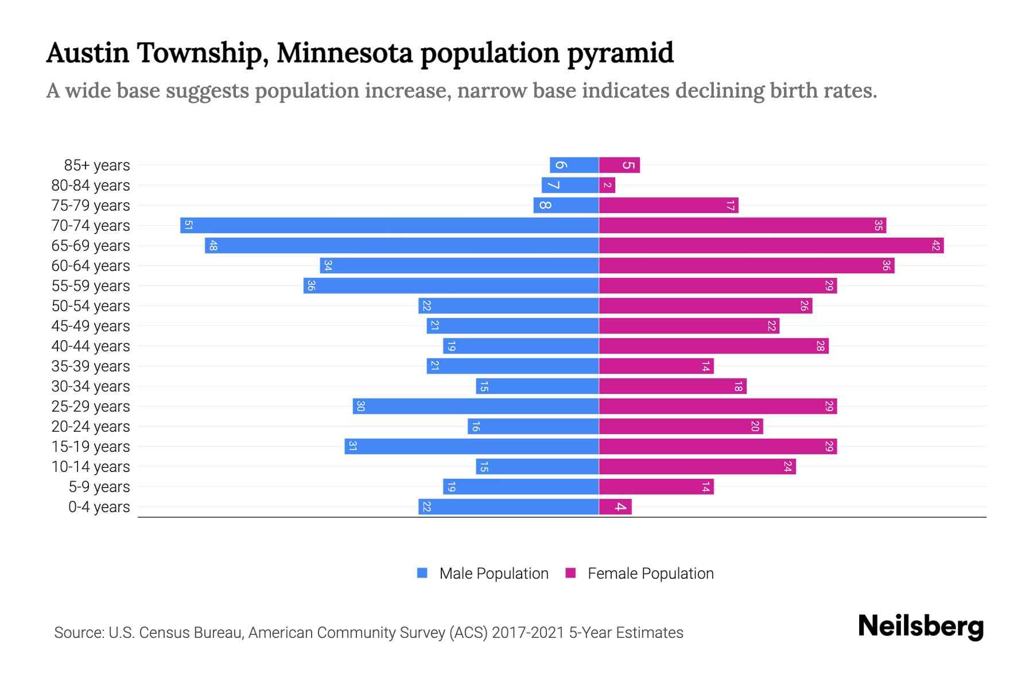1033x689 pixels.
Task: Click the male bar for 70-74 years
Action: pyautogui.click(x=390, y=225)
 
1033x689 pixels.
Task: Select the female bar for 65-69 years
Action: pyautogui.click(x=769, y=246)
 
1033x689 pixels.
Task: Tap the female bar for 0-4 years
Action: pyautogui.click(x=615, y=507)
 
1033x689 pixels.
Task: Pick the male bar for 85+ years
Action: pyautogui.click(x=574, y=165)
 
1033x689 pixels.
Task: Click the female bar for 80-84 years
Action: pyautogui.click(x=607, y=185)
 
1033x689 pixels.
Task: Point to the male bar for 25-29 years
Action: pyautogui.click(x=476, y=407)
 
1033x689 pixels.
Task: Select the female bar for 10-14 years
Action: pyautogui.click(x=697, y=467)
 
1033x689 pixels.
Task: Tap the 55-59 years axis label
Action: pyautogui.click(x=91, y=286)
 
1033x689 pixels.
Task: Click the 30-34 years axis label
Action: pyautogui.click(x=91, y=386)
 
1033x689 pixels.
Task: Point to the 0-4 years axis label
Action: pyautogui.click(x=99, y=507)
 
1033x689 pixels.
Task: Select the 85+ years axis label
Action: pyautogui.click(x=97, y=165)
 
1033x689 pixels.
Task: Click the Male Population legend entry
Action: pyautogui.click(x=493, y=574)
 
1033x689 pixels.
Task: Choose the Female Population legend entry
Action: pyautogui.click(x=650, y=574)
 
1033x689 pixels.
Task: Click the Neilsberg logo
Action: pyautogui.click(x=921, y=626)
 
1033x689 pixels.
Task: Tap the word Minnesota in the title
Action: pyautogui.click(x=344, y=53)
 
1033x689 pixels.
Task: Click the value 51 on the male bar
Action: pyautogui.click(x=188, y=225)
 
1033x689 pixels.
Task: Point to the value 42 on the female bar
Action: pyautogui.click(x=935, y=246)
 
